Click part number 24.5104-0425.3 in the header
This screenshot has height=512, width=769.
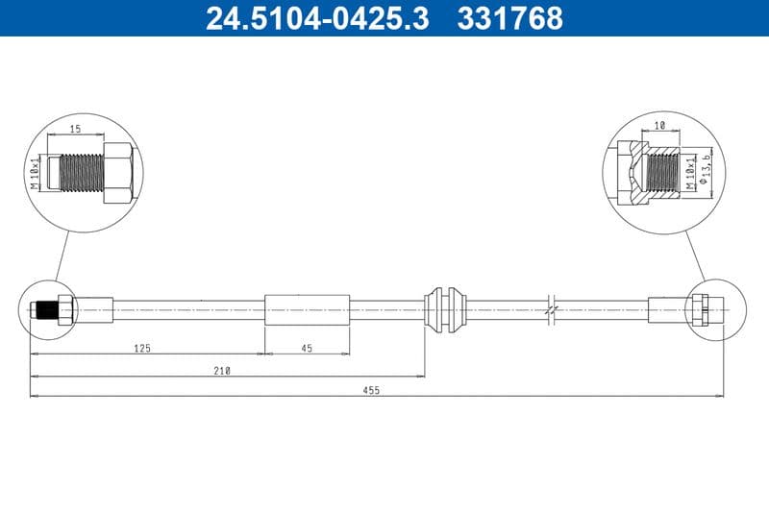pos(317,18)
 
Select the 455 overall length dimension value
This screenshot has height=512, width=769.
pos(371,390)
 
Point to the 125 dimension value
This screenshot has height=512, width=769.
pos(142,349)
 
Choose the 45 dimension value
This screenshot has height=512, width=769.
pos(307,349)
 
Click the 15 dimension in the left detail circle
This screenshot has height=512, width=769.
pos(75,127)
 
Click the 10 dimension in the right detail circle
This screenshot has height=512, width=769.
pos(660,126)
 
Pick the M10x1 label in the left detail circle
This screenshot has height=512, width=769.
pos(36,173)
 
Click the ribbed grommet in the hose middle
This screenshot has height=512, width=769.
pos(445,309)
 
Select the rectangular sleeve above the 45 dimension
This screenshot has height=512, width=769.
pos(307,310)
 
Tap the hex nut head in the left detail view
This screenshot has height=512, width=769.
pos(117,173)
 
